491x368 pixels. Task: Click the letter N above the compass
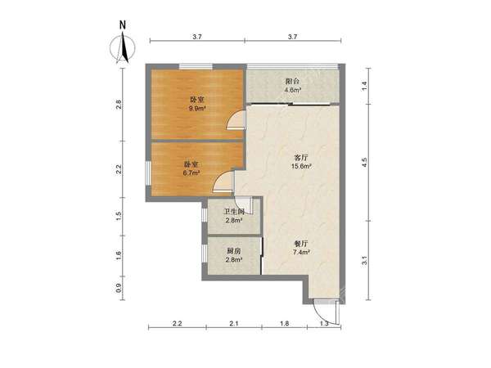tap(123, 25)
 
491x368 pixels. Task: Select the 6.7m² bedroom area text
tap(191, 173)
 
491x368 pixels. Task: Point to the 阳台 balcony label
tap(292, 81)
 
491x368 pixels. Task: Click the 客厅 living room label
tap(301, 157)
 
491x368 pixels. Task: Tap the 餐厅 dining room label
tap(301, 244)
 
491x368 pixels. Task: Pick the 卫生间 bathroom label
tap(233, 212)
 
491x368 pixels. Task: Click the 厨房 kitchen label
tap(234, 251)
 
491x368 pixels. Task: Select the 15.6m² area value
tap(301, 166)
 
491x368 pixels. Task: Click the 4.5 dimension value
tap(364, 163)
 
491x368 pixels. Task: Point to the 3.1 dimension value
tap(364, 260)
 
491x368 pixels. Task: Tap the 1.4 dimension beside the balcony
tap(364, 86)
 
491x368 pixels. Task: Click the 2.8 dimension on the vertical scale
tap(118, 104)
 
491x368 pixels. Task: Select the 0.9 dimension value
tap(118, 288)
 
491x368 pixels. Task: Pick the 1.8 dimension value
tap(284, 324)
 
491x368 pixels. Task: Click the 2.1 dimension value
tap(234, 324)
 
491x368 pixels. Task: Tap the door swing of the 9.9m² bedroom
tap(236, 120)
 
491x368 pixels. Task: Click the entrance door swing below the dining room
tap(326, 313)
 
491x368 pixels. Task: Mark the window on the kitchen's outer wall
tap(204, 254)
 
